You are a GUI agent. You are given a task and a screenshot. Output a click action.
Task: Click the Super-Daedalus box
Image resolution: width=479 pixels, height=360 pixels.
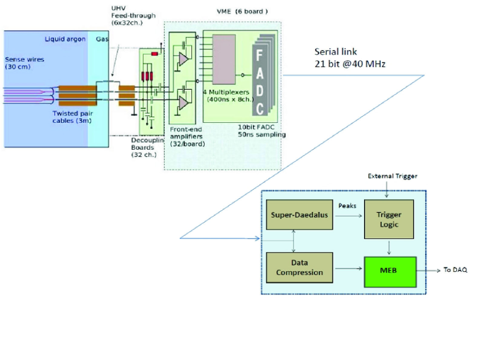299,215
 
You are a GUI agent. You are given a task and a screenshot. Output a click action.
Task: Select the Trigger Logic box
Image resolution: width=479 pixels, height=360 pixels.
389,219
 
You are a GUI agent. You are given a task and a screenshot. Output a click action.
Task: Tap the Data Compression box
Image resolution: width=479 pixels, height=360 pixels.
299,268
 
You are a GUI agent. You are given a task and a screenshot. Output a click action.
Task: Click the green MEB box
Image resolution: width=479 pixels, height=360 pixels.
390,272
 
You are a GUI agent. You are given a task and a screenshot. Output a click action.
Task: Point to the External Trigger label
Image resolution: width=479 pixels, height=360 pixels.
392,176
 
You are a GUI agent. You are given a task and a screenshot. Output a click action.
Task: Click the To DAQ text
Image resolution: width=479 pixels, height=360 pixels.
455,270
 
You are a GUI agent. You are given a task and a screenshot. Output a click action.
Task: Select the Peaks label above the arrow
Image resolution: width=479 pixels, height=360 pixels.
348,206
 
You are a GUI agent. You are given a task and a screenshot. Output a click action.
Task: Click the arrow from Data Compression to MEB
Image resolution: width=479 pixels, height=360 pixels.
349,269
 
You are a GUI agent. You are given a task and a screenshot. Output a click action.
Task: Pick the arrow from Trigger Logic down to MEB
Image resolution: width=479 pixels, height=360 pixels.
389,248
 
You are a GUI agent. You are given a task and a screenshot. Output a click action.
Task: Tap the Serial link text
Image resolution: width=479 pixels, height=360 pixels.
335,52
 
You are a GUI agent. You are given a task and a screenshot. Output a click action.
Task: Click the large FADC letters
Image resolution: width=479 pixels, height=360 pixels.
260,82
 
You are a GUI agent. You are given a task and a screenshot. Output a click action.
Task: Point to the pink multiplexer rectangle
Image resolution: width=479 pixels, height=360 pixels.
224,59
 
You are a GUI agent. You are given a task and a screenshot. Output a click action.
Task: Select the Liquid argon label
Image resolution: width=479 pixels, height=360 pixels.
65,39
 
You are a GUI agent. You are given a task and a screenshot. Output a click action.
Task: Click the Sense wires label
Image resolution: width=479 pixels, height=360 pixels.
24,63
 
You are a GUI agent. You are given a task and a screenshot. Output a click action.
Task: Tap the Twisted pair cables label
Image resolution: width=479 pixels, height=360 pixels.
73,117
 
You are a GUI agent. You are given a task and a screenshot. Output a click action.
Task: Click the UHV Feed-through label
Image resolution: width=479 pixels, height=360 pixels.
133,15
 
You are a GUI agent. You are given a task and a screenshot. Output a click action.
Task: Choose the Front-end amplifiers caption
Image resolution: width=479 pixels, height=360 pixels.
188,137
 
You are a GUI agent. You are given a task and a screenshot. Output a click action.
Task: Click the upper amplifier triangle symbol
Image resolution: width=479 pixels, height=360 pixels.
183,59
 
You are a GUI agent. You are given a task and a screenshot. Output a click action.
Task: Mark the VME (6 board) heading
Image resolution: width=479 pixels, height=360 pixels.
242,12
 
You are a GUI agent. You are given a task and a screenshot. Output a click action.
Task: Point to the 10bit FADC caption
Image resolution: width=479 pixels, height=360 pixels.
256,127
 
